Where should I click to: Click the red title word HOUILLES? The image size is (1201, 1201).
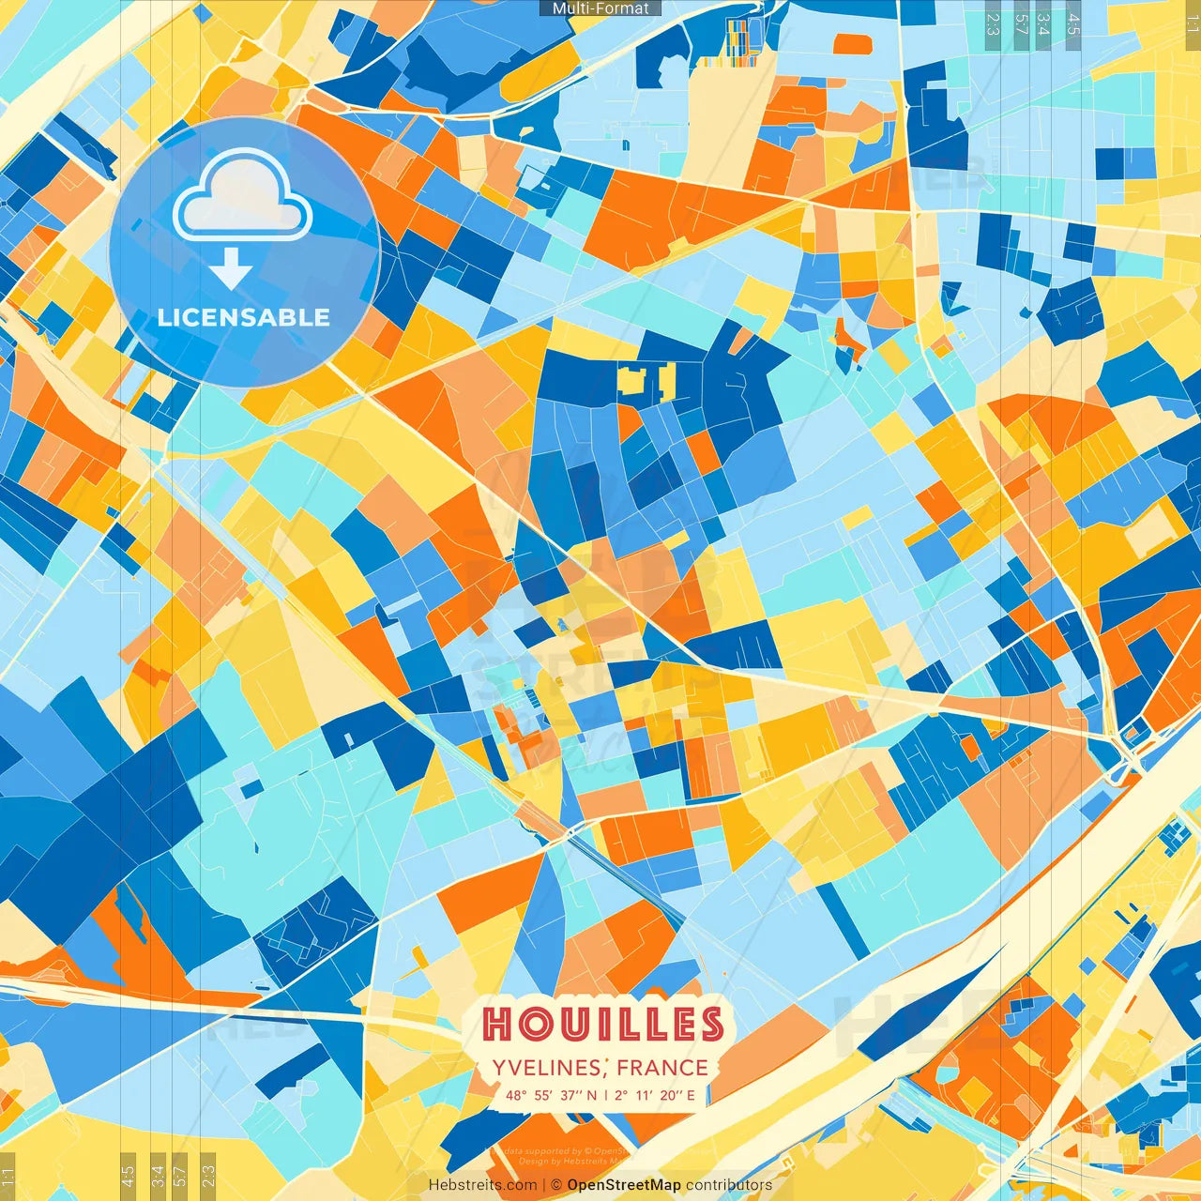click(602, 1024)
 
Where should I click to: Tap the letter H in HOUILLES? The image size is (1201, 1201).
click(497, 1025)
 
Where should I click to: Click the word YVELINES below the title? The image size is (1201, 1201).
click(547, 1068)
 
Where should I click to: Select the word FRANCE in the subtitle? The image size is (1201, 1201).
click(662, 1068)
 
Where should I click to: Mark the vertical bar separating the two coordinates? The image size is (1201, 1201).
click(606, 1095)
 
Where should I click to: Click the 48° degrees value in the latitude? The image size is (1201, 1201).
click(515, 1095)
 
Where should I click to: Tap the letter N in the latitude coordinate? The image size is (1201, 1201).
click(591, 1095)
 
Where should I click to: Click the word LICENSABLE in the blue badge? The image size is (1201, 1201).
click(244, 317)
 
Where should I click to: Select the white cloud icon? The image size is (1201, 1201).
click(242, 198)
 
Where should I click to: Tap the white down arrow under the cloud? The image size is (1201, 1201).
click(231, 270)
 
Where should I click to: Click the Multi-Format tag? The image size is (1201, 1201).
click(600, 8)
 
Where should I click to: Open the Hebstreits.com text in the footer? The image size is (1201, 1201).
click(482, 1185)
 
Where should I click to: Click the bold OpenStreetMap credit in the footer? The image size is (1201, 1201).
click(624, 1185)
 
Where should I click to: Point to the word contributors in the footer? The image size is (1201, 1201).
click(729, 1185)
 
